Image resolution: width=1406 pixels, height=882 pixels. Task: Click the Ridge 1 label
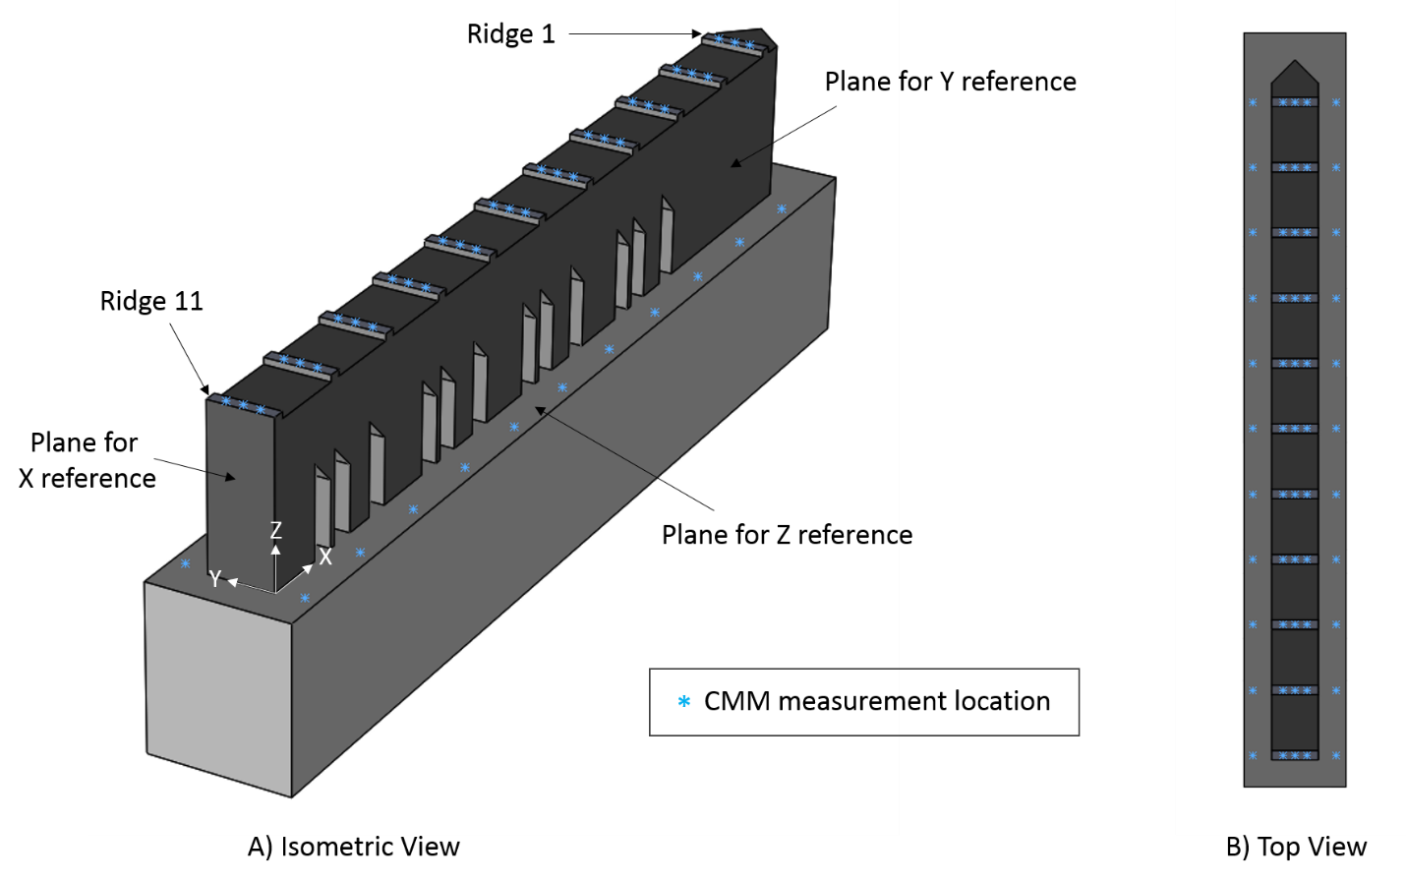pos(510,34)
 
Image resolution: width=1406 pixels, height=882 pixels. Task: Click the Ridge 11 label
pos(151,301)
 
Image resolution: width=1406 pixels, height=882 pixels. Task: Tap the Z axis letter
pos(276,531)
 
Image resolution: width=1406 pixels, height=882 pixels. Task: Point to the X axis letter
pos(325,557)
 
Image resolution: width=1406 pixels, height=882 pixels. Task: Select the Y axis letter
pos(215,579)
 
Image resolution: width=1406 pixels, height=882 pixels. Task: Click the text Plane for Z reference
pos(779,535)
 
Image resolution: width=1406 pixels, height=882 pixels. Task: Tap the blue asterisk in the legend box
pos(683,702)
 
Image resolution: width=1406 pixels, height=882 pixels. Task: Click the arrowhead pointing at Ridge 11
pos(205,389)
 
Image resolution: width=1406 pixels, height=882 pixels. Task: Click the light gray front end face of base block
pos(218,688)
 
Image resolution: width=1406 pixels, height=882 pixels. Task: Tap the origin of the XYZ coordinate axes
pos(275,592)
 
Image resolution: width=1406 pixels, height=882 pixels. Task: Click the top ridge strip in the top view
pos(1295,102)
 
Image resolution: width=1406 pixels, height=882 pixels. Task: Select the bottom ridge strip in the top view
pos(1295,755)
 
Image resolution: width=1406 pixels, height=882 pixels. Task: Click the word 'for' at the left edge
pos(120,443)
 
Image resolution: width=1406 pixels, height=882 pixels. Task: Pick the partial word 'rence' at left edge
pos(122,479)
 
